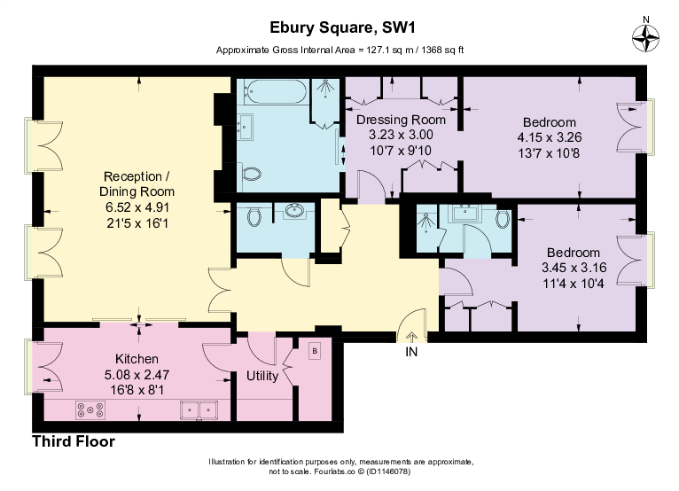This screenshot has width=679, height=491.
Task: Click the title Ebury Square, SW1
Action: (339, 30)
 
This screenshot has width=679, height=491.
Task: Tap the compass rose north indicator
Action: (645, 36)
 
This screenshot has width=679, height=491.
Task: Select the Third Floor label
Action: (74, 440)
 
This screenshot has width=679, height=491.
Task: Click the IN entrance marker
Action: (411, 352)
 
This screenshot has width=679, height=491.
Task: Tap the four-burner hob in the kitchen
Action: (90, 409)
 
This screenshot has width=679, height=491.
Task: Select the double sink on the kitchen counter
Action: (199, 409)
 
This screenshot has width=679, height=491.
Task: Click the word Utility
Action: (262, 376)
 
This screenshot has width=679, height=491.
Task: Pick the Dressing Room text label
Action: (401, 120)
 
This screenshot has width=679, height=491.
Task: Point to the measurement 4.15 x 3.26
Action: (549, 137)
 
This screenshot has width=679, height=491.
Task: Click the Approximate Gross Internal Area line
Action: (339, 50)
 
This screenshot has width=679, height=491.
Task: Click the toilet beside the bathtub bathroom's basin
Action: (253, 174)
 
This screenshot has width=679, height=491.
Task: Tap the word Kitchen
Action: (137, 359)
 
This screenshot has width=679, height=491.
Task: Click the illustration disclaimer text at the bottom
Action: (340, 467)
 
